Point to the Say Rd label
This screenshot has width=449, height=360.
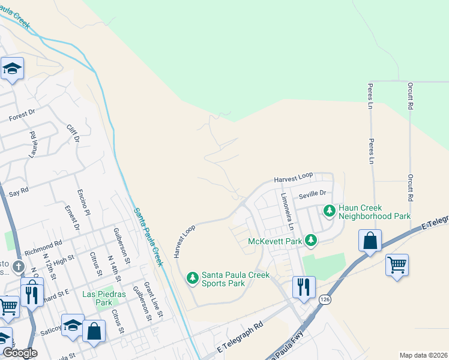[x=19, y=193]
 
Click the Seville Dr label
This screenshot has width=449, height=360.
[x=313, y=193]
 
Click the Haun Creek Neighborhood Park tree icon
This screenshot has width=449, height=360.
[x=329, y=211]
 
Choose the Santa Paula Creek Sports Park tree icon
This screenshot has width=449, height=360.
[x=192, y=278]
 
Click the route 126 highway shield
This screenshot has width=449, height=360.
[x=324, y=299]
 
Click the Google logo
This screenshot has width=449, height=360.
[x=19, y=353]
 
